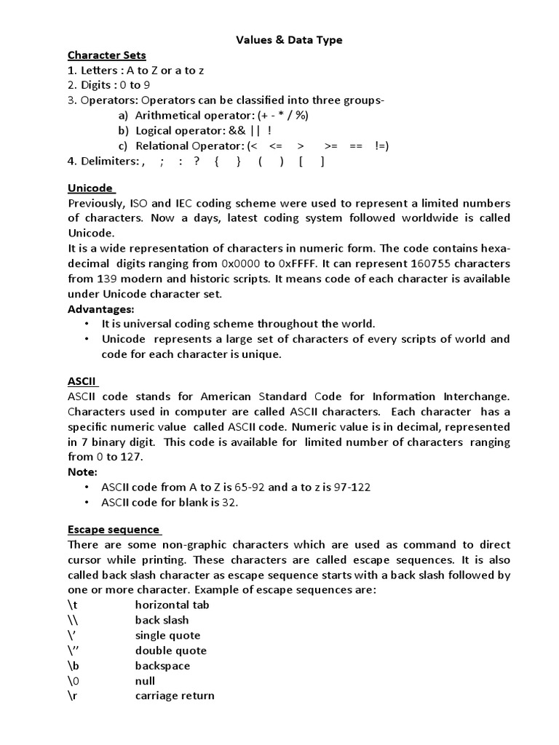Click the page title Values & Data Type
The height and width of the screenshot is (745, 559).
(289, 40)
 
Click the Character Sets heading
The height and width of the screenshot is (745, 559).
(107, 55)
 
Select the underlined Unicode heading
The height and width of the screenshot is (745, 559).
(90, 187)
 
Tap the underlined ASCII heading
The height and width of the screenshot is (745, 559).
(82, 381)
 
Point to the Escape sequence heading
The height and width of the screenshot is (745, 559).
(114, 529)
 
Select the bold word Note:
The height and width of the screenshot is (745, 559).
(82, 472)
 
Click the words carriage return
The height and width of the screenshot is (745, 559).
(175, 696)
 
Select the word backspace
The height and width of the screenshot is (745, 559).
(162, 666)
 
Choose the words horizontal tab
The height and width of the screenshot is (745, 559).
(172, 605)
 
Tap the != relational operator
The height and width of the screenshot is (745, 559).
(381, 146)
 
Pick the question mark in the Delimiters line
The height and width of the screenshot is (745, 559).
(197, 162)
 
